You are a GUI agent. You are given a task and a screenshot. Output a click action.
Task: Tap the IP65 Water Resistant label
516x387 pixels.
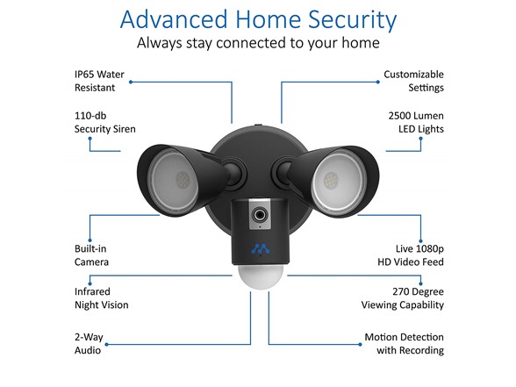click(x=99, y=81)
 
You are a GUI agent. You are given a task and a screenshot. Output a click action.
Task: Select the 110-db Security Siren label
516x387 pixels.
click(x=105, y=123)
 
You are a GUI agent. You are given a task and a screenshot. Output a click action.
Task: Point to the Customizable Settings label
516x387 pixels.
click(x=413, y=81)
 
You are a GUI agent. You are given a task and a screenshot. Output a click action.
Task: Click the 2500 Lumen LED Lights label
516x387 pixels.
click(x=416, y=123)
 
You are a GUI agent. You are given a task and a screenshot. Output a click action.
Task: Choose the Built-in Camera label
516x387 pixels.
click(x=91, y=255)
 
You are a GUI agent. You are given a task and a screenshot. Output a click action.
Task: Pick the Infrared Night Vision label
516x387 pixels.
click(x=102, y=298)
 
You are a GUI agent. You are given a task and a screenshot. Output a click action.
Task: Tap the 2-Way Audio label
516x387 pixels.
click(x=89, y=344)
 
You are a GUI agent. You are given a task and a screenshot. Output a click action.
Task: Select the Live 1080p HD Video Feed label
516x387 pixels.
click(x=411, y=255)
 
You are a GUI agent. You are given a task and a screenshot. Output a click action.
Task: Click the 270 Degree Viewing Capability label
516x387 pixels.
click(x=403, y=298)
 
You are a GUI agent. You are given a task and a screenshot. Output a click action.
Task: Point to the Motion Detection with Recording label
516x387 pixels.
click(x=404, y=344)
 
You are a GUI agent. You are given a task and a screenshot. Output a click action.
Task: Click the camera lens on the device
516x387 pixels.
click(x=260, y=215)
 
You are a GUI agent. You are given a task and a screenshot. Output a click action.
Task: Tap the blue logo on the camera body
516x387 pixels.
click(x=261, y=249)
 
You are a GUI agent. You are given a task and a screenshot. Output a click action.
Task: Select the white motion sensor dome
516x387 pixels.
click(x=261, y=276)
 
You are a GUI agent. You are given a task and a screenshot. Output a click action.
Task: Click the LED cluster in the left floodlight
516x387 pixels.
click(x=183, y=180)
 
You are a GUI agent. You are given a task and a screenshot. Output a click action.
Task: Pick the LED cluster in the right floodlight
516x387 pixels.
click(x=330, y=181)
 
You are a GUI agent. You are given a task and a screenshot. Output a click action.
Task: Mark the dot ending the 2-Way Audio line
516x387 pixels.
click(x=107, y=345)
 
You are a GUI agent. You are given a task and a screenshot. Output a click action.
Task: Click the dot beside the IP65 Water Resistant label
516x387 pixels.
click(x=131, y=82)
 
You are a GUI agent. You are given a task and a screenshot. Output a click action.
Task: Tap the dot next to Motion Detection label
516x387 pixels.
click(x=360, y=345)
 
